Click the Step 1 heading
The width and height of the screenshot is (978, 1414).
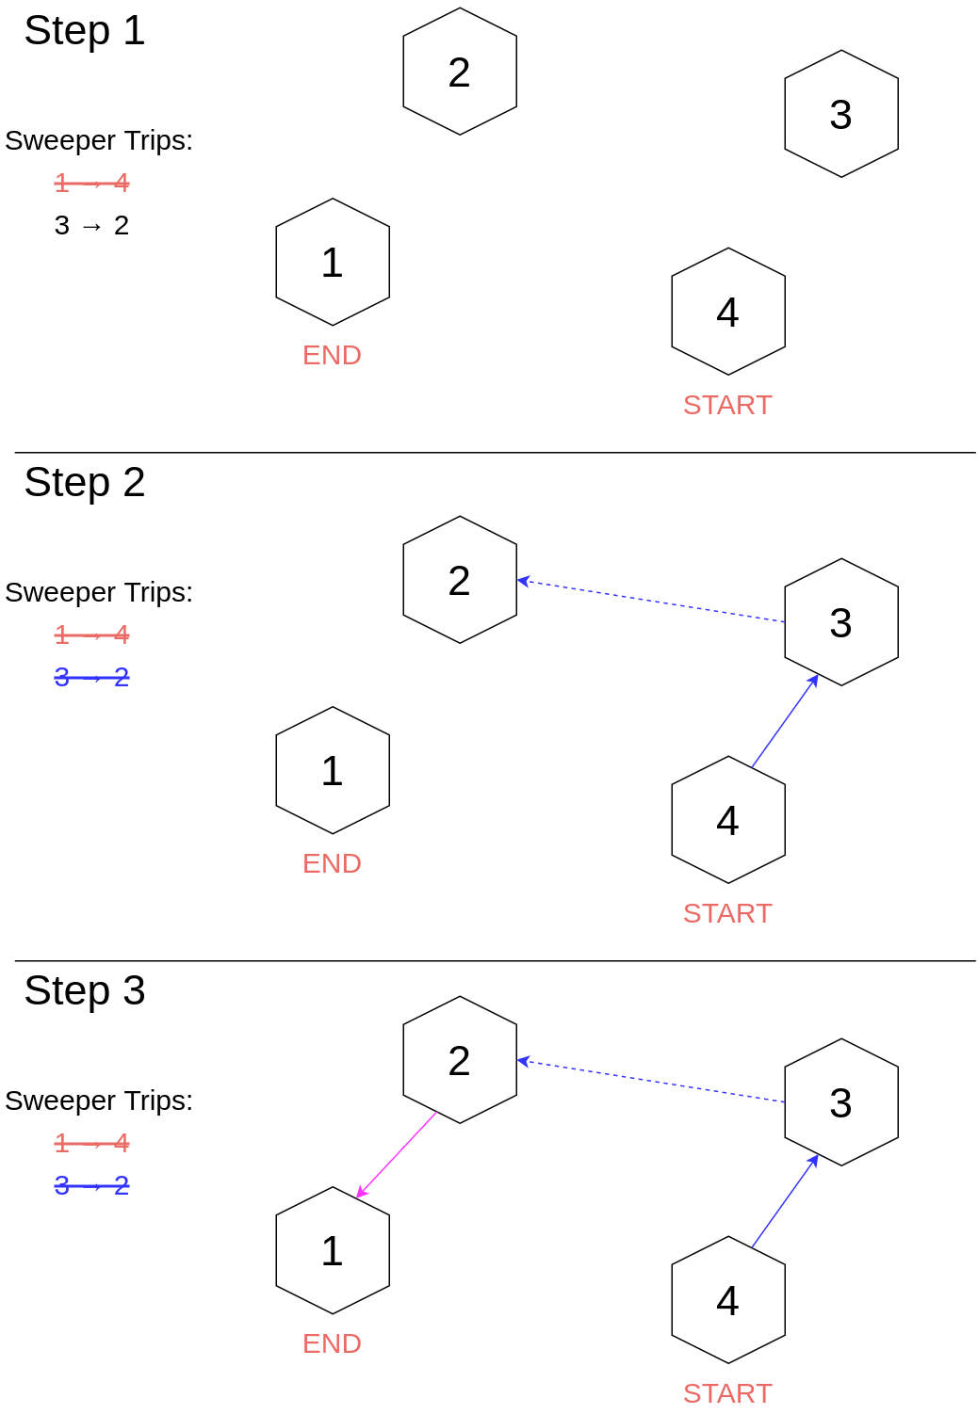[85, 31]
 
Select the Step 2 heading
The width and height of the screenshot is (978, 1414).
[85, 483]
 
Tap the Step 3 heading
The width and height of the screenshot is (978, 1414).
[85, 991]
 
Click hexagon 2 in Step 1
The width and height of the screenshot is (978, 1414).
[460, 72]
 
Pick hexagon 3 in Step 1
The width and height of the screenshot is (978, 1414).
[841, 114]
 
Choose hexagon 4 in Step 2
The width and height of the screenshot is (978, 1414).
[728, 820]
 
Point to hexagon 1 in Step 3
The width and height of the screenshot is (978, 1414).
[333, 1250]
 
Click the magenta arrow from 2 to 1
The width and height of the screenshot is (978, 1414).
[396, 1155]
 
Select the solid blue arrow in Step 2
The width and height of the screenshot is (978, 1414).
[785, 721]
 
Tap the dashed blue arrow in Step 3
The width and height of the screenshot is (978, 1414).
[650, 1082]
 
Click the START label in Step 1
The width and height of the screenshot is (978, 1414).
[727, 406]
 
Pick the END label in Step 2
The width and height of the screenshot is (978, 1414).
[332, 864]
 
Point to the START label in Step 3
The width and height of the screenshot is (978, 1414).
[727, 1394]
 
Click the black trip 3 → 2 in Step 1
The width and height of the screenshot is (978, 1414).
[91, 226]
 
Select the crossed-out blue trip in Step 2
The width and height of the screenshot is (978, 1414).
[91, 678]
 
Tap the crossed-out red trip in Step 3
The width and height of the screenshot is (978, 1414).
[91, 1144]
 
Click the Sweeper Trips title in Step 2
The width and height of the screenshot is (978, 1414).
[99, 592]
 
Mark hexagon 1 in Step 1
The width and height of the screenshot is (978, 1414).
[333, 262]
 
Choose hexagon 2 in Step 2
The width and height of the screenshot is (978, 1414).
[460, 580]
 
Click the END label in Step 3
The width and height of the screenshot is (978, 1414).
[332, 1344]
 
